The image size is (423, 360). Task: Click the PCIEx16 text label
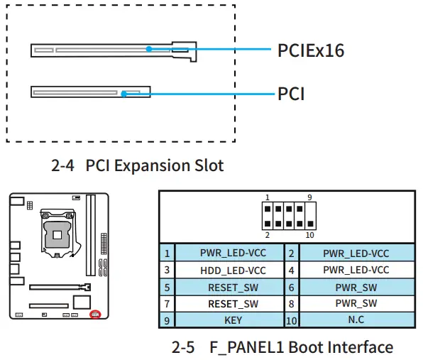coord(312,50)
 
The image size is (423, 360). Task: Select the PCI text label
coord(291,94)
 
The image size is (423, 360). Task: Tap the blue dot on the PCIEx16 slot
coord(150,49)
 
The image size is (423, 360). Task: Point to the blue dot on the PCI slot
coord(123,93)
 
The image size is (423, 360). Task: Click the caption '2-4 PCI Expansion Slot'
coord(138,166)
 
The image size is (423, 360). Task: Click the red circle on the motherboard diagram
coord(95,314)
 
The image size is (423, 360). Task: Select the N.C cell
coord(356,320)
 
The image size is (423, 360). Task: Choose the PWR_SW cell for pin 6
coord(356,287)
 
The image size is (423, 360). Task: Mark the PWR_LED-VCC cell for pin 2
coord(356,253)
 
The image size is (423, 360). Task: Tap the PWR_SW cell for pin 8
coord(356,304)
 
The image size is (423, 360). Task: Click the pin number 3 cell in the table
coord(167,270)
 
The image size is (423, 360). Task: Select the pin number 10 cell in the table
coord(291,320)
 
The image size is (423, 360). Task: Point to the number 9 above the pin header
coord(309,197)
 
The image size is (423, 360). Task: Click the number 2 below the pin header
coord(267,235)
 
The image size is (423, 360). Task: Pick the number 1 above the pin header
coord(267,197)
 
